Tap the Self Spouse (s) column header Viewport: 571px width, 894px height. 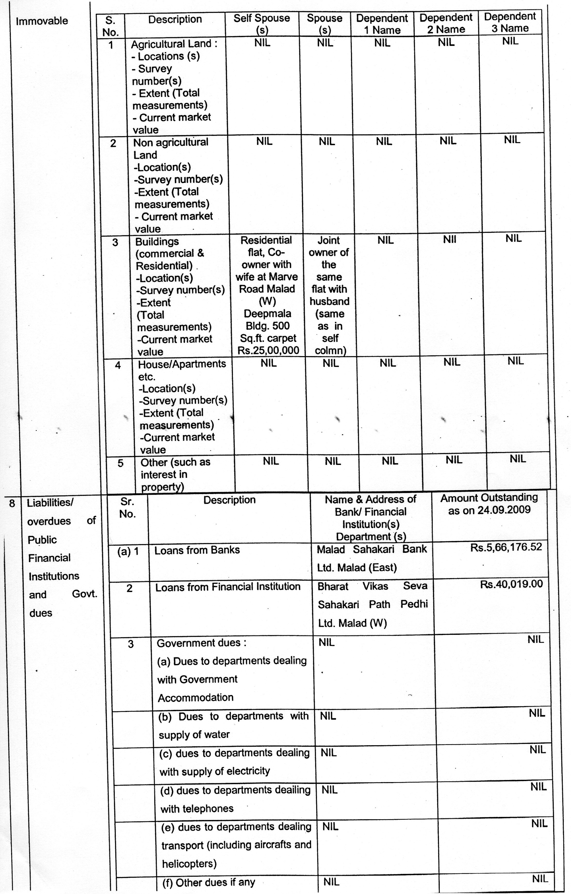coord(262,23)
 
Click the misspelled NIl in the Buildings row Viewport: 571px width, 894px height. coord(449,240)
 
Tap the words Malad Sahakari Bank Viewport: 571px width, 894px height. coord(372,549)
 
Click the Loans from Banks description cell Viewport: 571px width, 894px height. coord(197,550)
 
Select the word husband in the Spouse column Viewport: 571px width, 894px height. coord(329,301)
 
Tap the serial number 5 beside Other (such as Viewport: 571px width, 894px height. coord(120,463)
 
